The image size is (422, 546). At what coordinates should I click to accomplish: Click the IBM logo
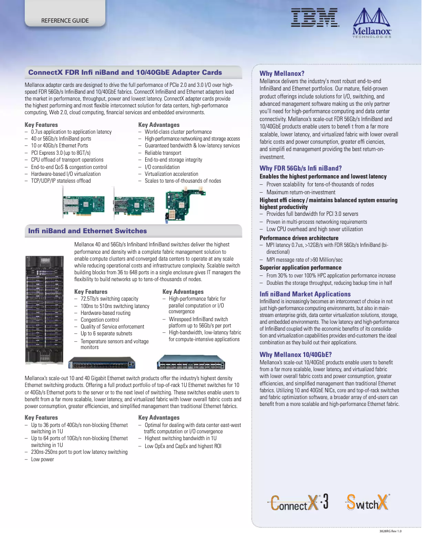(x=315, y=19)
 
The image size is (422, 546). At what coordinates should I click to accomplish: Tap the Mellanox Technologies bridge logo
(x=372, y=24)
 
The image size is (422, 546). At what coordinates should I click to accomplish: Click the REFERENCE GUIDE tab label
(x=65, y=21)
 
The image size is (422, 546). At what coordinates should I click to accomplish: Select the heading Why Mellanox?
(x=282, y=73)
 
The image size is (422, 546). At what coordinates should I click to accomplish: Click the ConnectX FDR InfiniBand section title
(x=125, y=72)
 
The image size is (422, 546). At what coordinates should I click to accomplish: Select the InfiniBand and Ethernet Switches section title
(x=87, y=231)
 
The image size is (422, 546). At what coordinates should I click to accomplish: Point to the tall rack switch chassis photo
(x=46, y=309)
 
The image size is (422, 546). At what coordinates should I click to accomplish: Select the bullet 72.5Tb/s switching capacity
(x=109, y=299)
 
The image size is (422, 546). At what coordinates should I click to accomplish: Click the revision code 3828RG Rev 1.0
(x=390, y=532)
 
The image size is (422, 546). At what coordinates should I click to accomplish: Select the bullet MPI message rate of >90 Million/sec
(x=304, y=260)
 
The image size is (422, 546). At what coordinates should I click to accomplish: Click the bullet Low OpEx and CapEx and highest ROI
(x=183, y=445)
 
